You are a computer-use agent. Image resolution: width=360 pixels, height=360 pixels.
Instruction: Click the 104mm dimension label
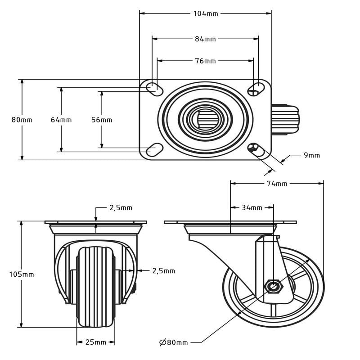[x=205, y=13]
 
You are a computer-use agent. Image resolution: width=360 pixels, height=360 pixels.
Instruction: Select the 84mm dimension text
[x=205, y=39]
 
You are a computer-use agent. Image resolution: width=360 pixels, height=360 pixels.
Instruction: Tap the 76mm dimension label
[x=205, y=61]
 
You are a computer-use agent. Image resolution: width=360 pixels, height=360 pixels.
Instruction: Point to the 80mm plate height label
[x=22, y=120]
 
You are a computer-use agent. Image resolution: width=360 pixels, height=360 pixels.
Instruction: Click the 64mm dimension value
[x=61, y=120]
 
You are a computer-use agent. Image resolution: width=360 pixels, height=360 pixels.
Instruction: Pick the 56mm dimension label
[x=102, y=120]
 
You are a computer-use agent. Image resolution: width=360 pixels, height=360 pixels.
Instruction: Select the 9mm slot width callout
[x=311, y=155]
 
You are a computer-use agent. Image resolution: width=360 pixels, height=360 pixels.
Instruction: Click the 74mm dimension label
[x=277, y=184]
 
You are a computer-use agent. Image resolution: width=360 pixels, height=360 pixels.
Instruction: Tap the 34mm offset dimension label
[x=252, y=207]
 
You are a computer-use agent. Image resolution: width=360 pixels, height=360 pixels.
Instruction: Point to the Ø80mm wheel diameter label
[x=173, y=342]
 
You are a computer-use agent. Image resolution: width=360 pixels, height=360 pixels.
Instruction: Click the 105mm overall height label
[x=22, y=274]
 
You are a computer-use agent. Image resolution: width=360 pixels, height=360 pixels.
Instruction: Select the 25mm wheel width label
[x=95, y=342]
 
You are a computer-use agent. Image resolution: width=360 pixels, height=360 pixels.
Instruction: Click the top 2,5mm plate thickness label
[x=121, y=207]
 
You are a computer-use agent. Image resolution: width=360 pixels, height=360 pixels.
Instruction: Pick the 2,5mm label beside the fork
[x=163, y=271]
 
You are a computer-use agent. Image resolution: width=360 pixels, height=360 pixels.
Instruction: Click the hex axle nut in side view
[x=273, y=286]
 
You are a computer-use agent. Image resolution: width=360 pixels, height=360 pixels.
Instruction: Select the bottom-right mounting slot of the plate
[x=256, y=149]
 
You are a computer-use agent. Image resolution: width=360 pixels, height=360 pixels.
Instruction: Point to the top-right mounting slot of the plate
[x=256, y=87]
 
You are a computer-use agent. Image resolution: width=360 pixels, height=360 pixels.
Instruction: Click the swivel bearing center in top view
[x=205, y=119]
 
